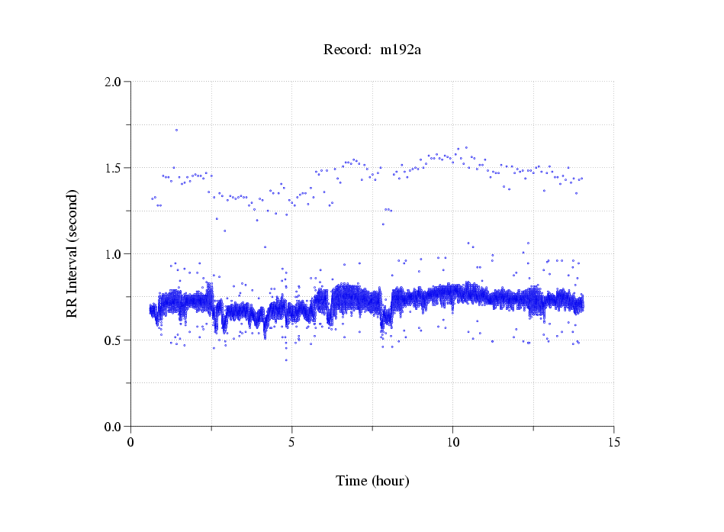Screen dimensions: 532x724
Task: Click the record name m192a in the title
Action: click(401, 50)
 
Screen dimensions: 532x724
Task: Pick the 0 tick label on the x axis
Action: click(131, 442)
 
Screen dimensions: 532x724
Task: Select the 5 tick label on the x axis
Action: click(292, 442)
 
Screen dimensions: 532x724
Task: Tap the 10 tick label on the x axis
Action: click(453, 442)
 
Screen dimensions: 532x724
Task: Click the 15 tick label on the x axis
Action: click(614, 442)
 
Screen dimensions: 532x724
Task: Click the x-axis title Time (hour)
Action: click(372, 482)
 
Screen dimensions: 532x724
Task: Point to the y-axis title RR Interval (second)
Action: click(72, 253)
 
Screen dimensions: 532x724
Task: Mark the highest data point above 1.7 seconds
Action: click(176, 130)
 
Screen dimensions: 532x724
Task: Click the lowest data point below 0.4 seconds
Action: click(287, 360)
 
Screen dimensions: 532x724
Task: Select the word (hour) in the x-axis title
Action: click(390, 482)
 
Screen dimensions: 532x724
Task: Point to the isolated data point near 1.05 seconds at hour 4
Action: click(265, 247)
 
